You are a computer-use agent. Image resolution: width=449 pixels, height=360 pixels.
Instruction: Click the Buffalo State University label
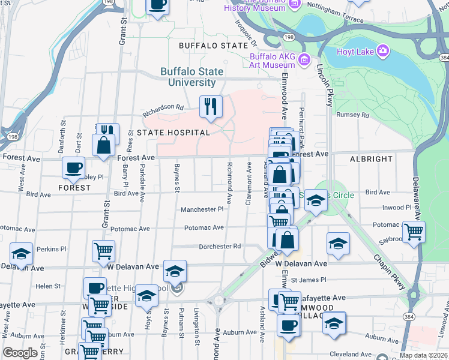click(x=192, y=77)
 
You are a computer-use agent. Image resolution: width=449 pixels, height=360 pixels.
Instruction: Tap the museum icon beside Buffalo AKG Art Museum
click(x=304, y=59)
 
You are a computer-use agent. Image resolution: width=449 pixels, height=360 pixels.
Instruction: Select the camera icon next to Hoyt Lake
click(x=382, y=50)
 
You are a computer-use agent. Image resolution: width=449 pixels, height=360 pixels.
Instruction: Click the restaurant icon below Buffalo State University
click(x=210, y=106)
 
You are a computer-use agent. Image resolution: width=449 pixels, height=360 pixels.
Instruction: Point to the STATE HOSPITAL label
click(x=173, y=133)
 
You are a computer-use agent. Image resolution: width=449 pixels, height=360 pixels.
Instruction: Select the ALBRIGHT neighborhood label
click(x=372, y=159)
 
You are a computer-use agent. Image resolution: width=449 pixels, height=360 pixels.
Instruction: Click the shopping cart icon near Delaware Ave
click(x=414, y=232)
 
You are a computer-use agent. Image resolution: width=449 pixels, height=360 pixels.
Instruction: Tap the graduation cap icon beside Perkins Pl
click(x=21, y=254)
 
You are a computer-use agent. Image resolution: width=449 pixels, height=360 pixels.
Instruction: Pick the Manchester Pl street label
click(x=202, y=209)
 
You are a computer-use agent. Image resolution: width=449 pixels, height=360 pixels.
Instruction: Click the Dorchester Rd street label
click(x=220, y=246)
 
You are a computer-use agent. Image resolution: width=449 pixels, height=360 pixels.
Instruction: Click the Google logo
click(x=20, y=353)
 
